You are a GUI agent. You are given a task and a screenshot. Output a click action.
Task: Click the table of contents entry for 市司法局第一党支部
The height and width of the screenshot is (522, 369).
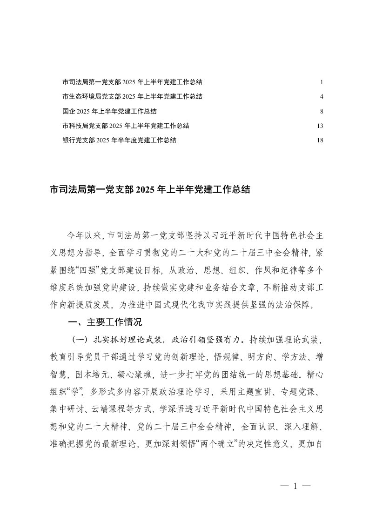132,82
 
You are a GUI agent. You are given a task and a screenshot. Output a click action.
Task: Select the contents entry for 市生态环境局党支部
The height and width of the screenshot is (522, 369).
132,97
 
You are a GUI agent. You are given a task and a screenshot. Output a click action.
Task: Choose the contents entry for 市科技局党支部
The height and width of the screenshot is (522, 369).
126,126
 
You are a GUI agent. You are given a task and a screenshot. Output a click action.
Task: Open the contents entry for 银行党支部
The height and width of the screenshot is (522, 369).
119,140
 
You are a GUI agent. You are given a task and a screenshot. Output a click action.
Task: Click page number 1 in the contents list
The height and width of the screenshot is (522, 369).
322,82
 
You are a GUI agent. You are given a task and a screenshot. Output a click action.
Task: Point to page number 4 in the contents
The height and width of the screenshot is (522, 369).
322,97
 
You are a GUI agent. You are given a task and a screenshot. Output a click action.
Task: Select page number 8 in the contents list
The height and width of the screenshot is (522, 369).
322,111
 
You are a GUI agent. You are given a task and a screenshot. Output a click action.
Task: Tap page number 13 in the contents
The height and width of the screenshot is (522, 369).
320,126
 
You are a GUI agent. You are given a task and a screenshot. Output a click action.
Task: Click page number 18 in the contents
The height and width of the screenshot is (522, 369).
320,140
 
